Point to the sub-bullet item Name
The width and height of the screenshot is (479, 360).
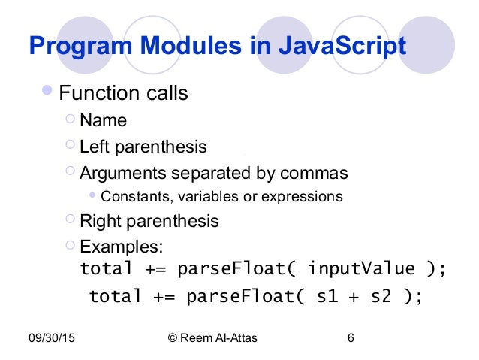(103, 120)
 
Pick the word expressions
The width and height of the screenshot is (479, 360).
(305, 197)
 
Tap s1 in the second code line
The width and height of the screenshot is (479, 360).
(327, 296)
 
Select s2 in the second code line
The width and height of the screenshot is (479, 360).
(381, 296)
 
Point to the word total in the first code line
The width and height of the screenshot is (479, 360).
(106, 268)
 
